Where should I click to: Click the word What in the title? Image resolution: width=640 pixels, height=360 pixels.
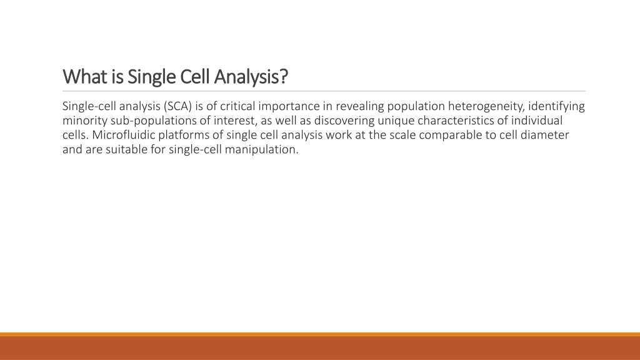(85, 76)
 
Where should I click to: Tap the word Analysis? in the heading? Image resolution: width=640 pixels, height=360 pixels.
(251, 77)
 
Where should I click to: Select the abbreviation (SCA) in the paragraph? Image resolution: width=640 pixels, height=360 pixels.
(177, 106)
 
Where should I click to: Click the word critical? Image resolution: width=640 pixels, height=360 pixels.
(237, 106)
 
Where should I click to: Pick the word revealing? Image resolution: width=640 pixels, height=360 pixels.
(359, 107)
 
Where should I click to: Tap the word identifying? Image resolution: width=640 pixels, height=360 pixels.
(556, 107)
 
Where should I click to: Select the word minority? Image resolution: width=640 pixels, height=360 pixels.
(85, 121)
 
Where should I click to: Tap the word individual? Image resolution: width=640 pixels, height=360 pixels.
(537, 121)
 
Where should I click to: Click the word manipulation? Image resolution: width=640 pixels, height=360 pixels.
(262, 150)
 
